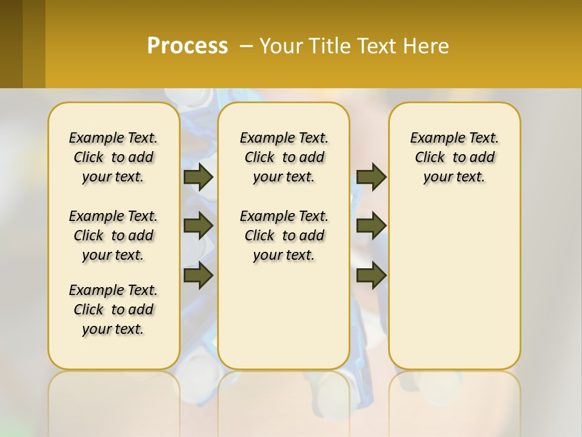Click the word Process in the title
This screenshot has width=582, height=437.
[187, 46]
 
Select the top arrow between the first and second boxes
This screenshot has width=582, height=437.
[198, 177]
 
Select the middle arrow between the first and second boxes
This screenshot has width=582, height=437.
[198, 226]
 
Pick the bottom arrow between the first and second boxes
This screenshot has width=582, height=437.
[198, 276]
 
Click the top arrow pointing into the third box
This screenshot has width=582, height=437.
[371, 177]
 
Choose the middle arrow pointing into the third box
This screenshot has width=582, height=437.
[371, 226]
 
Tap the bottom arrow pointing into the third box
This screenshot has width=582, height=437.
[371, 276]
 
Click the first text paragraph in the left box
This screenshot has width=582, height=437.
[113, 157]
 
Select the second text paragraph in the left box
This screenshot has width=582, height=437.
[113, 235]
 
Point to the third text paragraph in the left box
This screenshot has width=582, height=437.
[113, 310]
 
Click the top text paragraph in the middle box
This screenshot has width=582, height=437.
[284, 157]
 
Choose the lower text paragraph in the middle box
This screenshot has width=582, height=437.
[284, 235]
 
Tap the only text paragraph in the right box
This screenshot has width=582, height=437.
[454, 157]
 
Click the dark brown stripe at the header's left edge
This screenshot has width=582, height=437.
[11, 44]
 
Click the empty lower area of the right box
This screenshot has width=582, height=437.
[454, 285]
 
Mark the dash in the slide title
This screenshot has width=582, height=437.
[247, 46]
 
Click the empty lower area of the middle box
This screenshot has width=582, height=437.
[284, 316]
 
